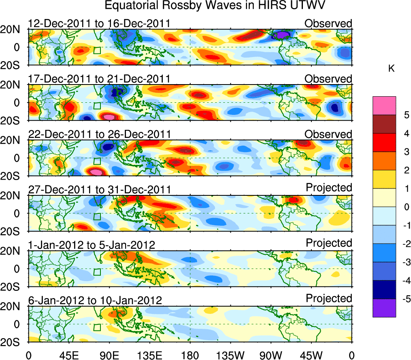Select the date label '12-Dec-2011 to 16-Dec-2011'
click(x=99, y=23)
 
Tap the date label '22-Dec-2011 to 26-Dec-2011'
click(x=99, y=134)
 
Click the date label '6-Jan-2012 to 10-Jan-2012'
click(x=95, y=300)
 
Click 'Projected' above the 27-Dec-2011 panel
click(x=329, y=187)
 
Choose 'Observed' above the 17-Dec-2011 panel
click(x=328, y=78)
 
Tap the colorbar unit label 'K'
click(x=391, y=69)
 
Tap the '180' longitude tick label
click(x=190, y=355)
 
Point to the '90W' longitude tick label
click(x=271, y=355)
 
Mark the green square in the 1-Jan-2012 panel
click(x=97, y=272)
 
